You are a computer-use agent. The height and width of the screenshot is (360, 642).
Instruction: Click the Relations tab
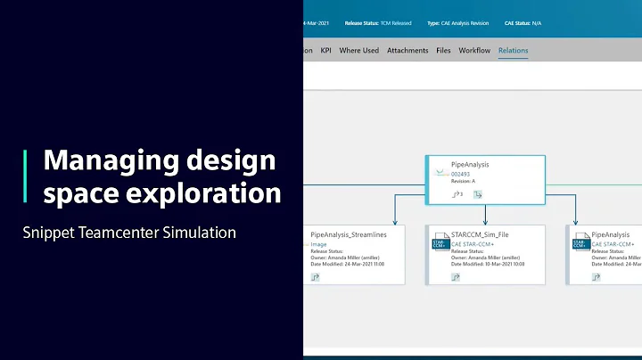coord(513,51)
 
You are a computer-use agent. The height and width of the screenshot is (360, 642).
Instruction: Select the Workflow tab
coord(474,51)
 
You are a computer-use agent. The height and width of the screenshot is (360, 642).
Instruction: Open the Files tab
coord(443,51)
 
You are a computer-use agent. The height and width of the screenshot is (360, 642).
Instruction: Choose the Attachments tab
coord(407,51)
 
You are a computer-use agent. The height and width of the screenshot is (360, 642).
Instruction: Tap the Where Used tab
coord(358,51)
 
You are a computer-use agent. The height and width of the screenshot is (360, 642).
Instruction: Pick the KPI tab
coord(327,51)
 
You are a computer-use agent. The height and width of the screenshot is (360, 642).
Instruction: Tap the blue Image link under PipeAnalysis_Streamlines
coord(318,243)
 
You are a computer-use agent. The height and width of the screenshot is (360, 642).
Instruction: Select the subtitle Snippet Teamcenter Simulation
coord(129,233)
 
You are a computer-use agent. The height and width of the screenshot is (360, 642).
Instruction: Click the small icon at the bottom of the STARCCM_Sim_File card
coord(456,277)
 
